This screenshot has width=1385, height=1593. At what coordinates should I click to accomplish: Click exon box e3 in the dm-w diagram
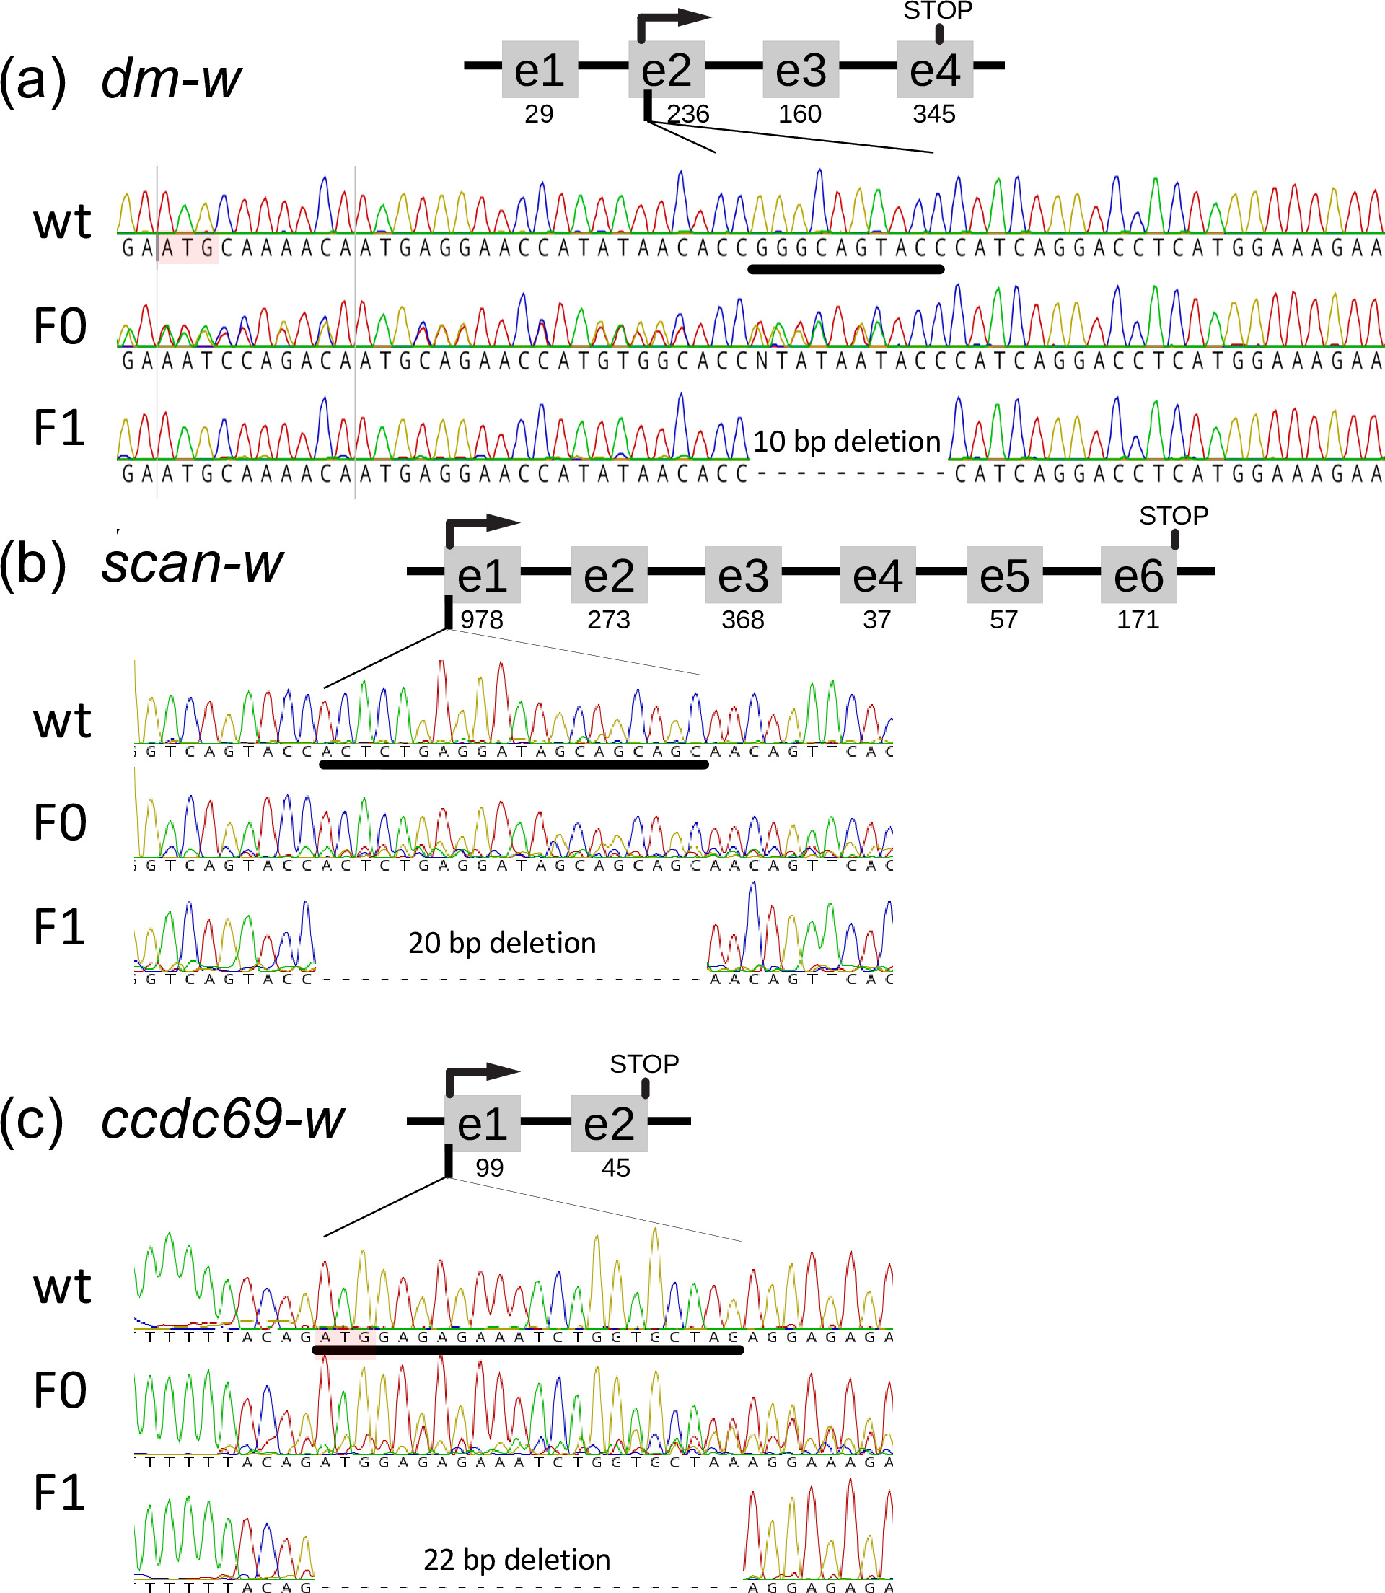[x=800, y=69]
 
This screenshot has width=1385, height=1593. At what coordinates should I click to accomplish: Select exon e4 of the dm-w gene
[x=934, y=69]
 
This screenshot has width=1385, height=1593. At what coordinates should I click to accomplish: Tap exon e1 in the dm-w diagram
[x=540, y=69]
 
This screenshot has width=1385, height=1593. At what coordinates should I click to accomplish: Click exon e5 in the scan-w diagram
[x=1004, y=575]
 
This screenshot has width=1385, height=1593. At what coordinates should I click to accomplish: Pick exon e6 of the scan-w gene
[x=1138, y=575]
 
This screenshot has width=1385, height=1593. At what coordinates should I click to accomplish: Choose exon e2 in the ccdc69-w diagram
[x=609, y=1123]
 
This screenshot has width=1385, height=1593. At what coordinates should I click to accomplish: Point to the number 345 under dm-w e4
[x=933, y=115]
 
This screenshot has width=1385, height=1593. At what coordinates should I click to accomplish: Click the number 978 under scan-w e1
[x=482, y=620]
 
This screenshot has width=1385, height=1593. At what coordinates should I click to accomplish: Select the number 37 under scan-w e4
[x=876, y=620]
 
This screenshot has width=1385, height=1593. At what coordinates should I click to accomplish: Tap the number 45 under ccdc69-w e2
[x=615, y=1168]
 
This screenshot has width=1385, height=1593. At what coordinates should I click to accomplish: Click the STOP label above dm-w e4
[x=938, y=11]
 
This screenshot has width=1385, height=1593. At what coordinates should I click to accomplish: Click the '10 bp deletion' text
[x=846, y=442]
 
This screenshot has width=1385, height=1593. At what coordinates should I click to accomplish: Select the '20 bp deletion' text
[x=501, y=943]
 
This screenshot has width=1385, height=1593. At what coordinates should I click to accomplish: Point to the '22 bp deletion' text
[x=516, y=1560]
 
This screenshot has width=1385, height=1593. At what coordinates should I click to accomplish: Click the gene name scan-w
[x=193, y=563]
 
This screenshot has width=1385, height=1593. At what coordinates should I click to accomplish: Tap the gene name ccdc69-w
[x=223, y=1118]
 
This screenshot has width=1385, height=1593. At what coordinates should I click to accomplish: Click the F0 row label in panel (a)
[x=61, y=326]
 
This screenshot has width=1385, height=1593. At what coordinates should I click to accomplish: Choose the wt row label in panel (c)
[x=62, y=1286]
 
